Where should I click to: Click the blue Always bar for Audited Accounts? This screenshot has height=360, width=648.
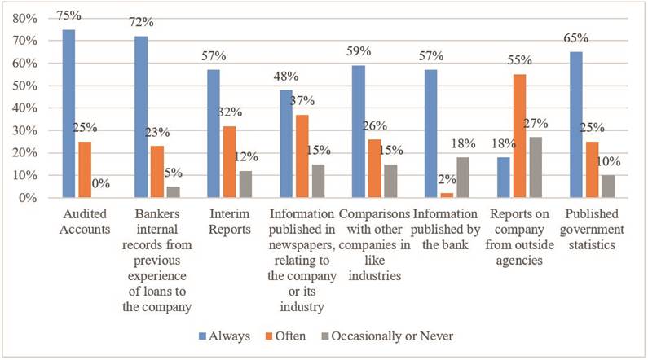click(68, 114)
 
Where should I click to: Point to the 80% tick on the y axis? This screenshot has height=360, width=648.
click(25, 18)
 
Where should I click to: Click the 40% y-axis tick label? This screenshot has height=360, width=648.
click(25, 108)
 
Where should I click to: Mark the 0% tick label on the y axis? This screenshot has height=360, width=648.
click(29, 198)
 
